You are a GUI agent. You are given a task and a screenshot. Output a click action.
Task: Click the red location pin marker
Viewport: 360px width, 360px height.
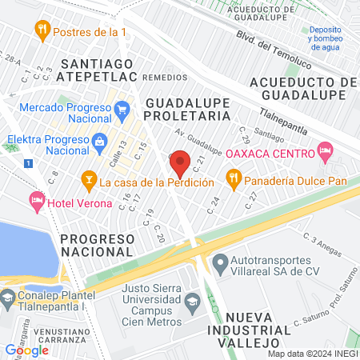click(180, 163)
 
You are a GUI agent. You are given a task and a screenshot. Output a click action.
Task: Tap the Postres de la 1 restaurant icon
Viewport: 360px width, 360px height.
click(42, 31)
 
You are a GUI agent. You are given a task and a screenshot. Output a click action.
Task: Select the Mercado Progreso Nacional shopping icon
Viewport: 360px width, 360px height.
click(122, 107)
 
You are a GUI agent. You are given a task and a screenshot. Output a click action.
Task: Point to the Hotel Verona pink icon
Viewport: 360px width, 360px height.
click(36, 200)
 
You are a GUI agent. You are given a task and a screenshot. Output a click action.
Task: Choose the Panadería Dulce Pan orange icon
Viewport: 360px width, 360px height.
click(234, 178)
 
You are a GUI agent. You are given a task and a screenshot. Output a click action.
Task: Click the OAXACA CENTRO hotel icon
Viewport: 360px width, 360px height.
click(324, 150)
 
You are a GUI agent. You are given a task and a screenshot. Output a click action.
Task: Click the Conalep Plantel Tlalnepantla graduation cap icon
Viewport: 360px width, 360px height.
click(7, 292)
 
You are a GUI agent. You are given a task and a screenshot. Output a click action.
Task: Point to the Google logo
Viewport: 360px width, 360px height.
click(26, 350)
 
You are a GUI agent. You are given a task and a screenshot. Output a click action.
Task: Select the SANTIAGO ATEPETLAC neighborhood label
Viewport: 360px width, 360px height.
click(99, 70)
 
